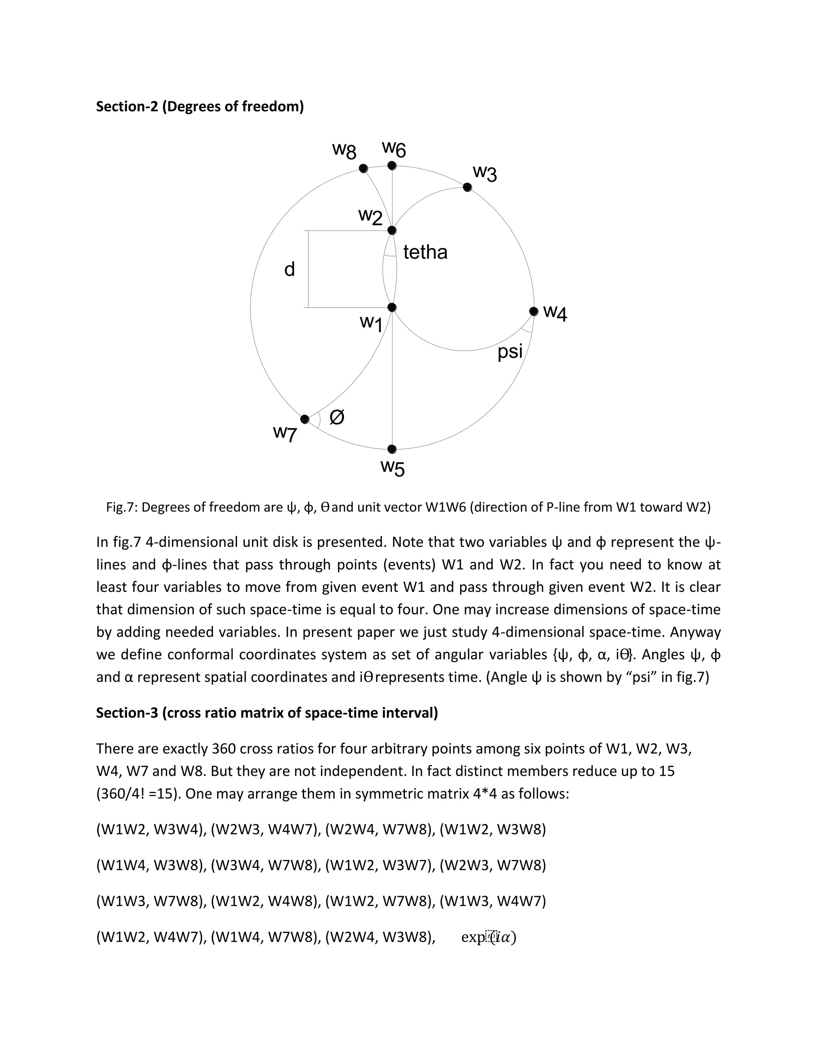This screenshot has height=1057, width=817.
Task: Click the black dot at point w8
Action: (363, 168)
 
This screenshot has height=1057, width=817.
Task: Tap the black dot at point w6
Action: (392, 166)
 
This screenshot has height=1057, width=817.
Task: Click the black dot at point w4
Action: (534, 311)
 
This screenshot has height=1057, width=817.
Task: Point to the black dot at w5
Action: (392, 449)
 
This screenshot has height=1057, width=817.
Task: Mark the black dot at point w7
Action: (305, 419)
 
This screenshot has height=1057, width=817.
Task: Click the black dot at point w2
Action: (392, 231)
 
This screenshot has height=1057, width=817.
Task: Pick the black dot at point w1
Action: (392, 307)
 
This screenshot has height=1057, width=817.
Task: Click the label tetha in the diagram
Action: (425, 252)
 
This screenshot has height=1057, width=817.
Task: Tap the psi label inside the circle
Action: (510, 352)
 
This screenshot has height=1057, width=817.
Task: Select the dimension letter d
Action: (290, 270)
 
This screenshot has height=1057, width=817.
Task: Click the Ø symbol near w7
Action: (337, 417)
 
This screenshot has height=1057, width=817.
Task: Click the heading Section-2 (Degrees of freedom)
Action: (199, 106)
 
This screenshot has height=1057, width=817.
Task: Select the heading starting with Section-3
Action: (267, 712)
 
